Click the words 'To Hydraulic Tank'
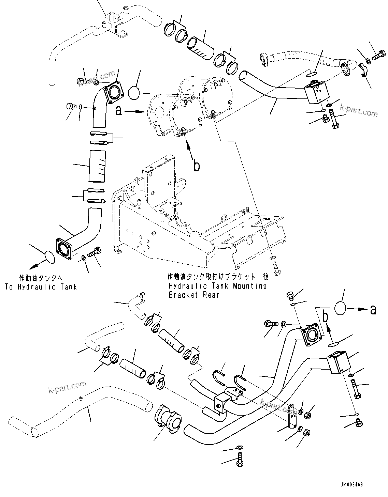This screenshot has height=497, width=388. click(x=41, y=287)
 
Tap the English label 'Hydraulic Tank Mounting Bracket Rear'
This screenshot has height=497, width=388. click(x=217, y=290)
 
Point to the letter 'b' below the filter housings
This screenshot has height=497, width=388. click(x=197, y=166)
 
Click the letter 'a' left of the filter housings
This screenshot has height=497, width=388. click(x=119, y=111)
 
